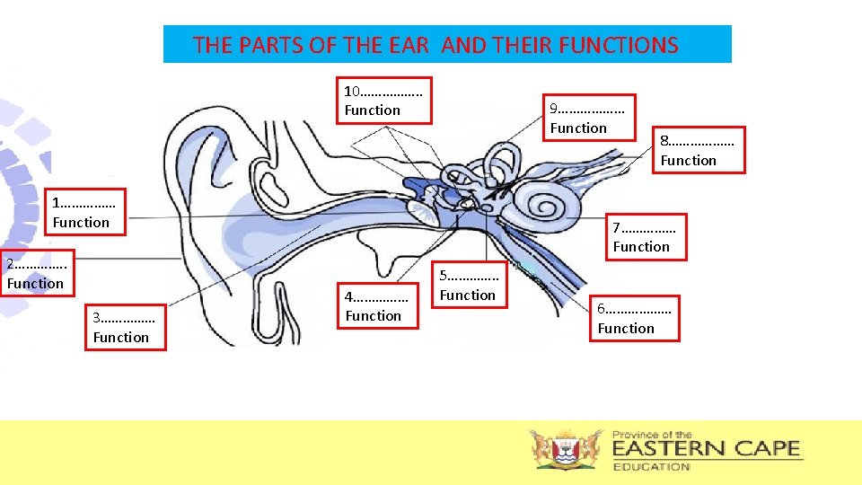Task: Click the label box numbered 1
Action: (x=86, y=212)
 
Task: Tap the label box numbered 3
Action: (x=127, y=327)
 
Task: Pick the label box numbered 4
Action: (x=381, y=306)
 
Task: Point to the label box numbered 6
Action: (x=638, y=319)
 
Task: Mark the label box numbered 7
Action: (x=646, y=237)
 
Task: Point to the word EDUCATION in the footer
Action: (x=652, y=466)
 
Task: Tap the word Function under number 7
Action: (x=641, y=246)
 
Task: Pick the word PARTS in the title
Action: (x=271, y=45)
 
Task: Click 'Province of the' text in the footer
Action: (x=652, y=435)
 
